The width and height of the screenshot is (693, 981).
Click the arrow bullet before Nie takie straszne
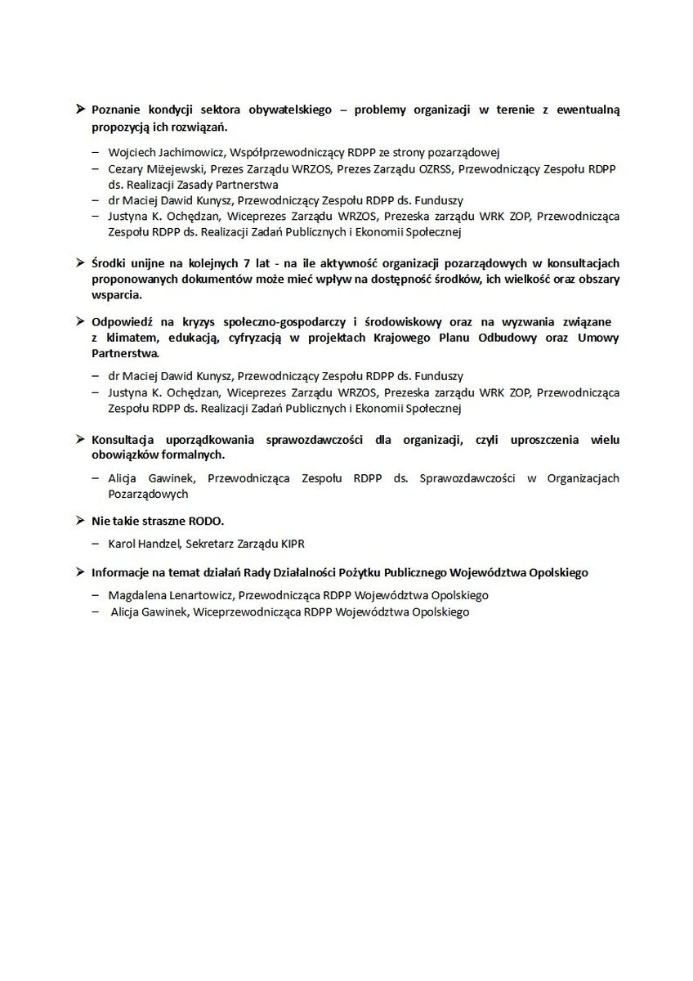tap(80, 520)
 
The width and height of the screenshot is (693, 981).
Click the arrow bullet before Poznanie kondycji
tap(80, 110)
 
